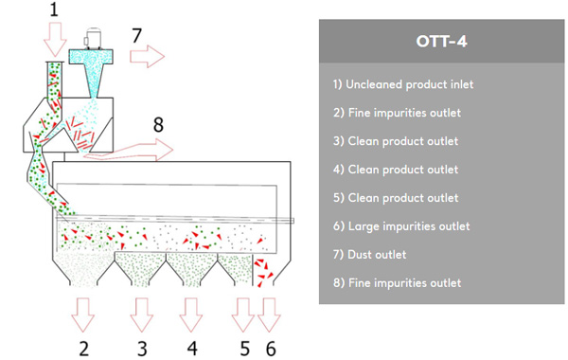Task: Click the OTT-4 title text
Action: (x=441, y=42)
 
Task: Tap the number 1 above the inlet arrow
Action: (x=54, y=9)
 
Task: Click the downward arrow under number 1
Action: (x=55, y=39)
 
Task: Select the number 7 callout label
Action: (x=136, y=36)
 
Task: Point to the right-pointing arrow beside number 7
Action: (x=147, y=56)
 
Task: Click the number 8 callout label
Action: (x=158, y=125)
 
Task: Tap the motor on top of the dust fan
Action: (x=92, y=38)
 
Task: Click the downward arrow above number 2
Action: (x=83, y=315)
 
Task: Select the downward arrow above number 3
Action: (x=142, y=315)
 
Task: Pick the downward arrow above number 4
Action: (x=191, y=315)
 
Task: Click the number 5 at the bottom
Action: (x=245, y=349)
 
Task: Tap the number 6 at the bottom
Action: (x=271, y=349)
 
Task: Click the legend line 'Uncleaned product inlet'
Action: (x=403, y=84)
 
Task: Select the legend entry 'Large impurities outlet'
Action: (x=401, y=226)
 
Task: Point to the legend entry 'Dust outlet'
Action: (x=369, y=255)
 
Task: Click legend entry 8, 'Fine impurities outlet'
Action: (x=397, y=282)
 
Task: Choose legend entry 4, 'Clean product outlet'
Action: (x=396, y=170)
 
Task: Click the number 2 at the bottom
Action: (x=83, y=349)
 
